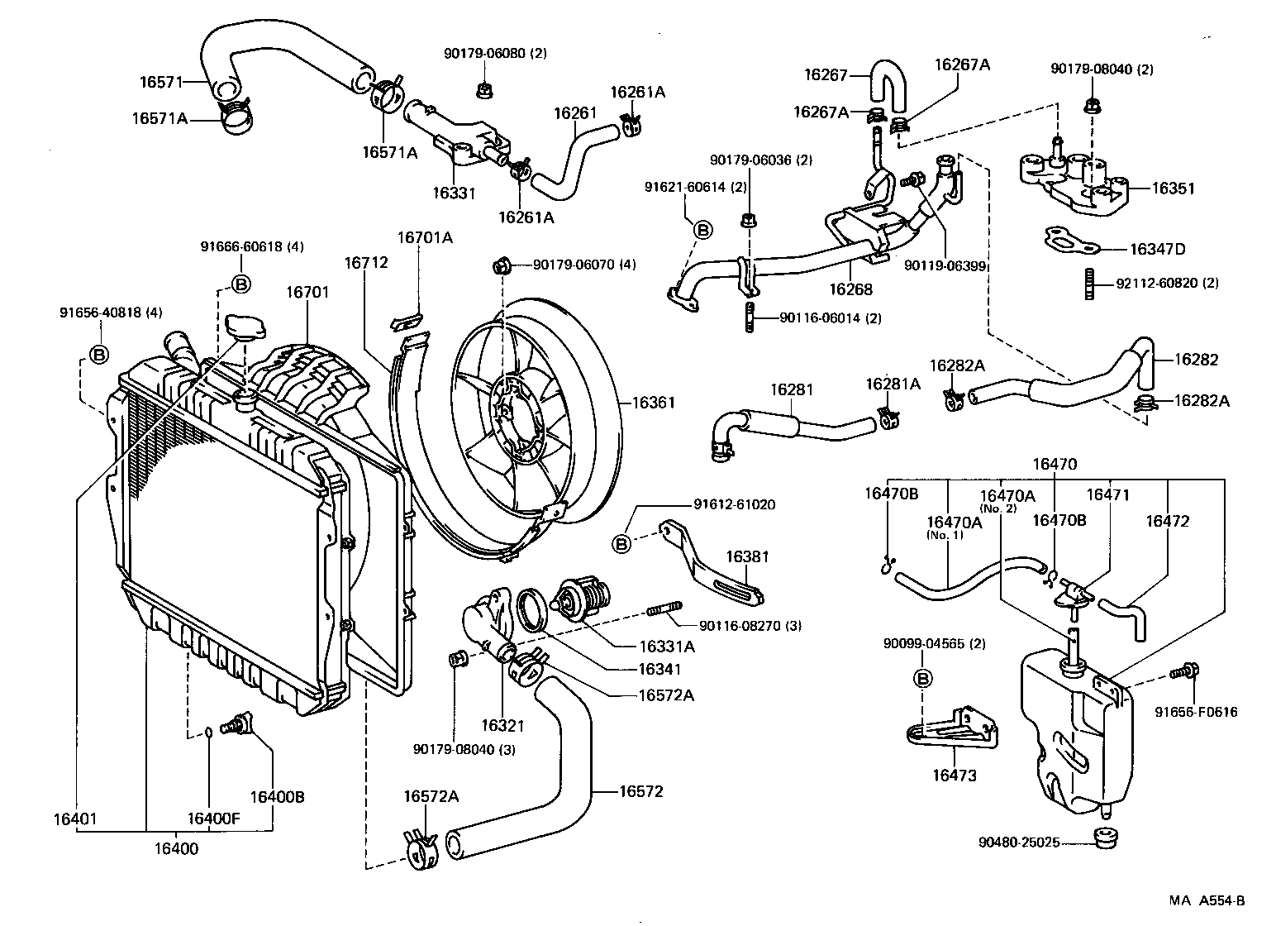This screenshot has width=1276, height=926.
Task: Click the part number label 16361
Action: click(654, 403)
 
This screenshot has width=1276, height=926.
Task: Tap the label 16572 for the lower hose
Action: click(641, 791)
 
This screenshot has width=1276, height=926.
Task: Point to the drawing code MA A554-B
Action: click(1206, 901)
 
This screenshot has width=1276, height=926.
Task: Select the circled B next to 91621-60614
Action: click(702, 230)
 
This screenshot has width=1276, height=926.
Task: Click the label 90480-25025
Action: click(1019, 843)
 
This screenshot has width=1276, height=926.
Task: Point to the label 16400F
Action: click(213, 819)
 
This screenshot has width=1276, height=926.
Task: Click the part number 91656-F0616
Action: click(1196, 711)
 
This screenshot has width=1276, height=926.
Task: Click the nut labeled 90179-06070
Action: click(499, 265)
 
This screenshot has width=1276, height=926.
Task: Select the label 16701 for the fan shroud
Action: click(307, 292)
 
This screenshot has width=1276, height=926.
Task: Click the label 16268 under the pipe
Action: click(850, 289)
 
